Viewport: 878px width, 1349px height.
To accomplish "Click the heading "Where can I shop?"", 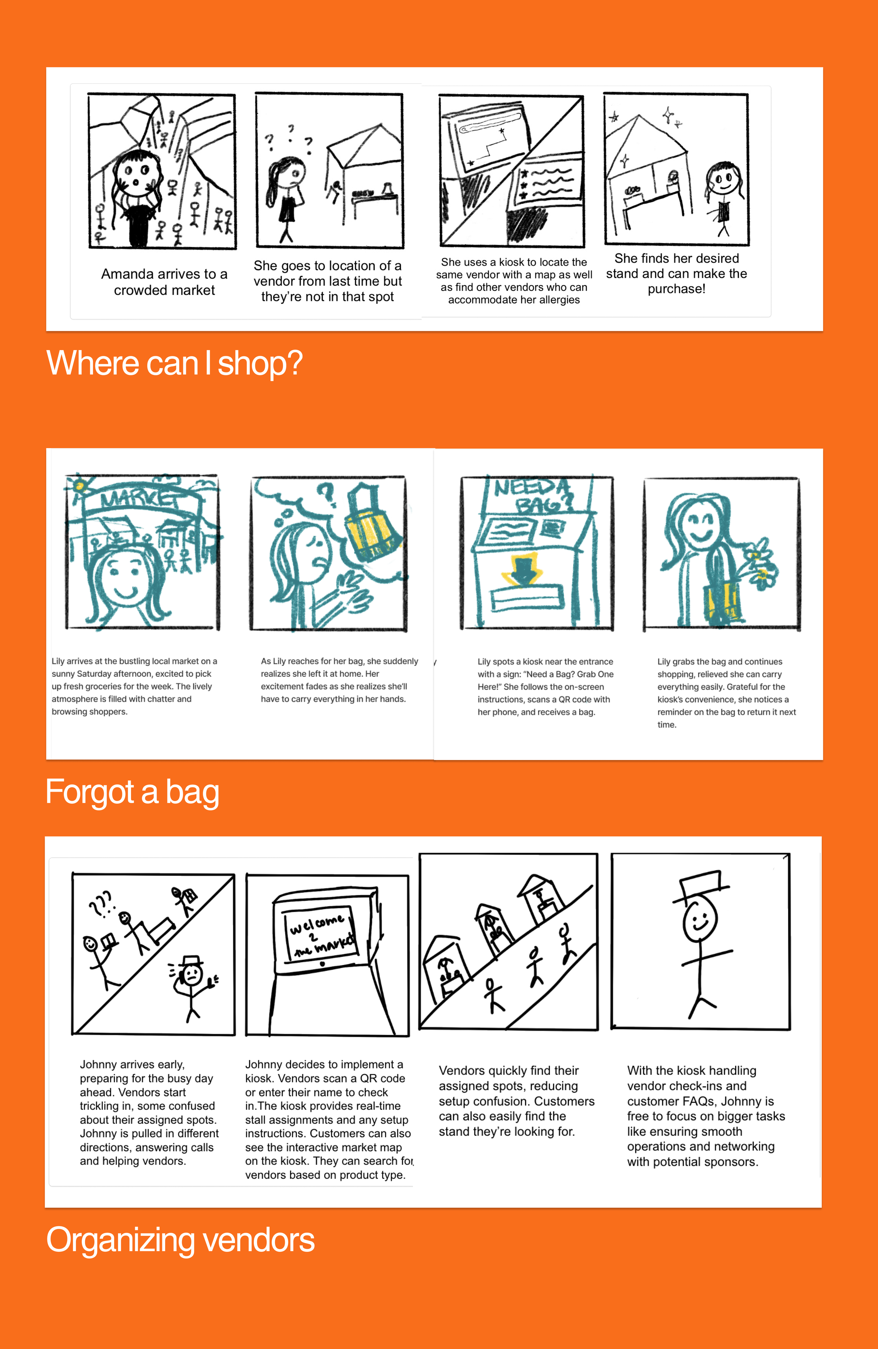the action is [x=175, y=363].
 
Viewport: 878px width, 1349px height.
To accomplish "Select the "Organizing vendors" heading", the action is [x=180, y=1240].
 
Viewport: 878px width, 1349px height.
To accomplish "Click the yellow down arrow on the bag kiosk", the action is [x=523, y=570].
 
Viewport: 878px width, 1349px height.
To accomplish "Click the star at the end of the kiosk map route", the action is [x=502, y=131].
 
